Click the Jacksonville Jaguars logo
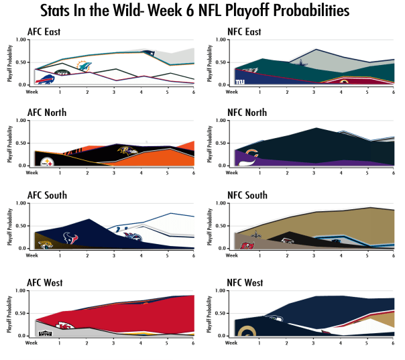tap(46, 245)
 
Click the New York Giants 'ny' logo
tap(239, 81)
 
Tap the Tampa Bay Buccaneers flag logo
tap(247, 245)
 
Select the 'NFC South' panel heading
tap(248, 195)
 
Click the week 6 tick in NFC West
tap(394, 343)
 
